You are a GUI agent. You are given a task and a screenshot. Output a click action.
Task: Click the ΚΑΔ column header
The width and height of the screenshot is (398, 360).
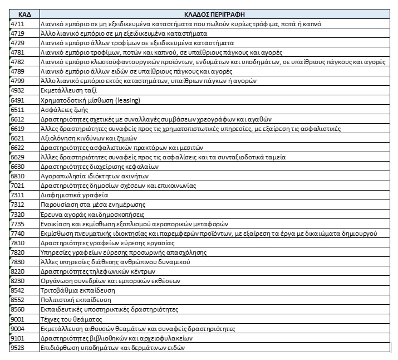click(x=24, y=13)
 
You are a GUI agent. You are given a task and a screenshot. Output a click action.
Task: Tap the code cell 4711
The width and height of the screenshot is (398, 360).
click(x=17, y=23)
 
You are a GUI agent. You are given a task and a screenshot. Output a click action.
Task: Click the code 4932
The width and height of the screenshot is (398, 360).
click(x=17, y=90)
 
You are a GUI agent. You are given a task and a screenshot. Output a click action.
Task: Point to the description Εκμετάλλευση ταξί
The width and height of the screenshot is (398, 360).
click(x=65, y=90)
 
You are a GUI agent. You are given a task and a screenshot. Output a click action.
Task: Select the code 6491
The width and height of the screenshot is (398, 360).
click(x=17, y=100)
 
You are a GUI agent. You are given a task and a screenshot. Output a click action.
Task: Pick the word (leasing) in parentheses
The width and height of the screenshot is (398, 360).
click(x=127, y=100)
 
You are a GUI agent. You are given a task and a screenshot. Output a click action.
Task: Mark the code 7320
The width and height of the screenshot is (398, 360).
click(x=17, y=215)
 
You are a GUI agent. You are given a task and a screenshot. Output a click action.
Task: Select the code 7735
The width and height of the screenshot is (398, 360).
click(x=17, y=224)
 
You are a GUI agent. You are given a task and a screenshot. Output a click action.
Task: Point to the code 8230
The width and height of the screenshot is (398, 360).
click(x=17, y=281)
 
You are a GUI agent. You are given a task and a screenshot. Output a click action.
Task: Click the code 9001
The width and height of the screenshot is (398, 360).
click(x=17, y=319)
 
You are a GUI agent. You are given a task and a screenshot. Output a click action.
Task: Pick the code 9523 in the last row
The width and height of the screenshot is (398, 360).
click(x=17, y=348)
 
